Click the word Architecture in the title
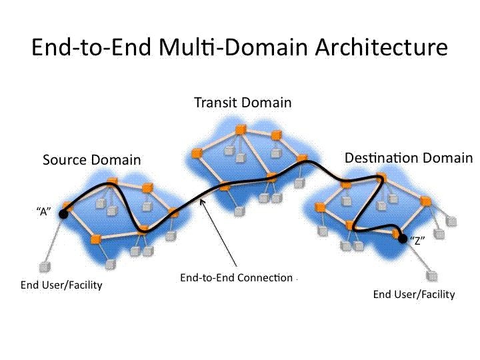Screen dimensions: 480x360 coord(381,47)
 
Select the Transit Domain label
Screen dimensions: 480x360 coord(243,103)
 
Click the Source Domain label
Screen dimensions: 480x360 coord(92,160)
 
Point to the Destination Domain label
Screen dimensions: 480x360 coord(409,158)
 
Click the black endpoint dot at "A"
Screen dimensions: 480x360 coord(63,214)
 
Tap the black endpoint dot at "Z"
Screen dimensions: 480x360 coord(403,239)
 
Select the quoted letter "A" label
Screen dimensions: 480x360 coord(44,211)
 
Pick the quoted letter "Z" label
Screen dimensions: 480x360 coord(417,241)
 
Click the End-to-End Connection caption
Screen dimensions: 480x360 coord(236,277)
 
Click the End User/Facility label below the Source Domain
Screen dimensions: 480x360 coord(61,285)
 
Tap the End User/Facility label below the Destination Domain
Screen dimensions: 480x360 coord(414,295)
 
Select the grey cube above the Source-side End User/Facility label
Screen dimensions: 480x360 coord(45,267)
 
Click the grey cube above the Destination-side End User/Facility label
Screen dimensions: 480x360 coord(432,276)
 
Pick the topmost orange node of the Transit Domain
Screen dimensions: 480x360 coord(241,130)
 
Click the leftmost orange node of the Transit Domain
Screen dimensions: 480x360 coord(196,153)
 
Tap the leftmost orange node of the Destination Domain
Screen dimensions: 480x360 coord(320,207)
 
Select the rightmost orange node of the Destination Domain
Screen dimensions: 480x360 coord(425,201)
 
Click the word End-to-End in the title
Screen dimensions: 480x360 coord(91,47)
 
